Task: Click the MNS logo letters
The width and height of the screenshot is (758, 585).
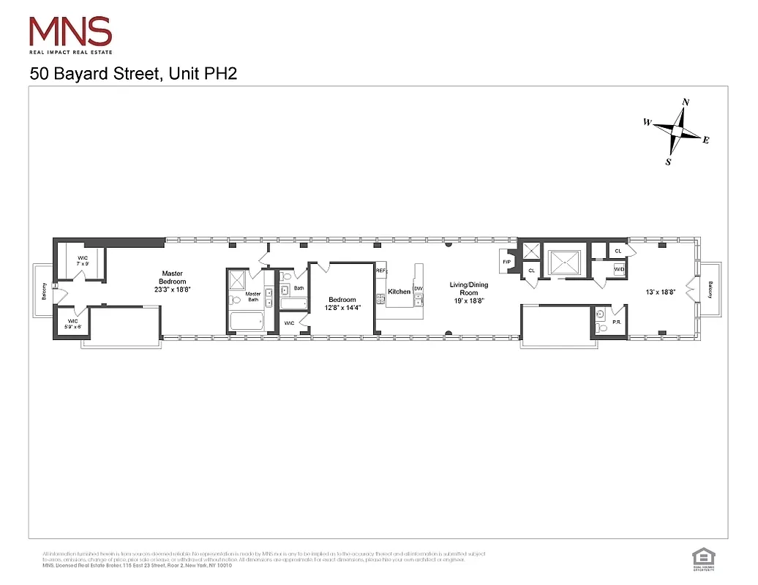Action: point(70,31)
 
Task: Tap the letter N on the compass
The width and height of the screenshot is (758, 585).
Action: point(686,102)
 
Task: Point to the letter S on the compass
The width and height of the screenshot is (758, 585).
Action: point(668,162)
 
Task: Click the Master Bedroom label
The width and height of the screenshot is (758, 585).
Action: point(173,282)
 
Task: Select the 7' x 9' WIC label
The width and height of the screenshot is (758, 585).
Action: point(82,260)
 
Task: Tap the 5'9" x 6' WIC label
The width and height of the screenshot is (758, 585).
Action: point(72,324)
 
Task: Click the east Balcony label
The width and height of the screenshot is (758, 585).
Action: point(710,290)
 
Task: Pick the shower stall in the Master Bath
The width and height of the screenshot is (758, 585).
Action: point(237,280)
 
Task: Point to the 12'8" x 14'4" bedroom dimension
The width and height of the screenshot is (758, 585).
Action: point(342,308)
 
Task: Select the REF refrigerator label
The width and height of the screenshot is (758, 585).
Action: point(380,271)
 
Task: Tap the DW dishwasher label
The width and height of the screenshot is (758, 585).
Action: point(419,289)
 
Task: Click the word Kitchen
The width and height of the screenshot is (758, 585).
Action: point(399,292)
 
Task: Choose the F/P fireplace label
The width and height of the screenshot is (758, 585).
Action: point(506,261)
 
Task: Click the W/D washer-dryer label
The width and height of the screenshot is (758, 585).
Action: point(619,270)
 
